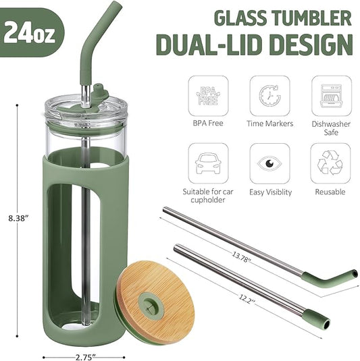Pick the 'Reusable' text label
pos(330,192)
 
